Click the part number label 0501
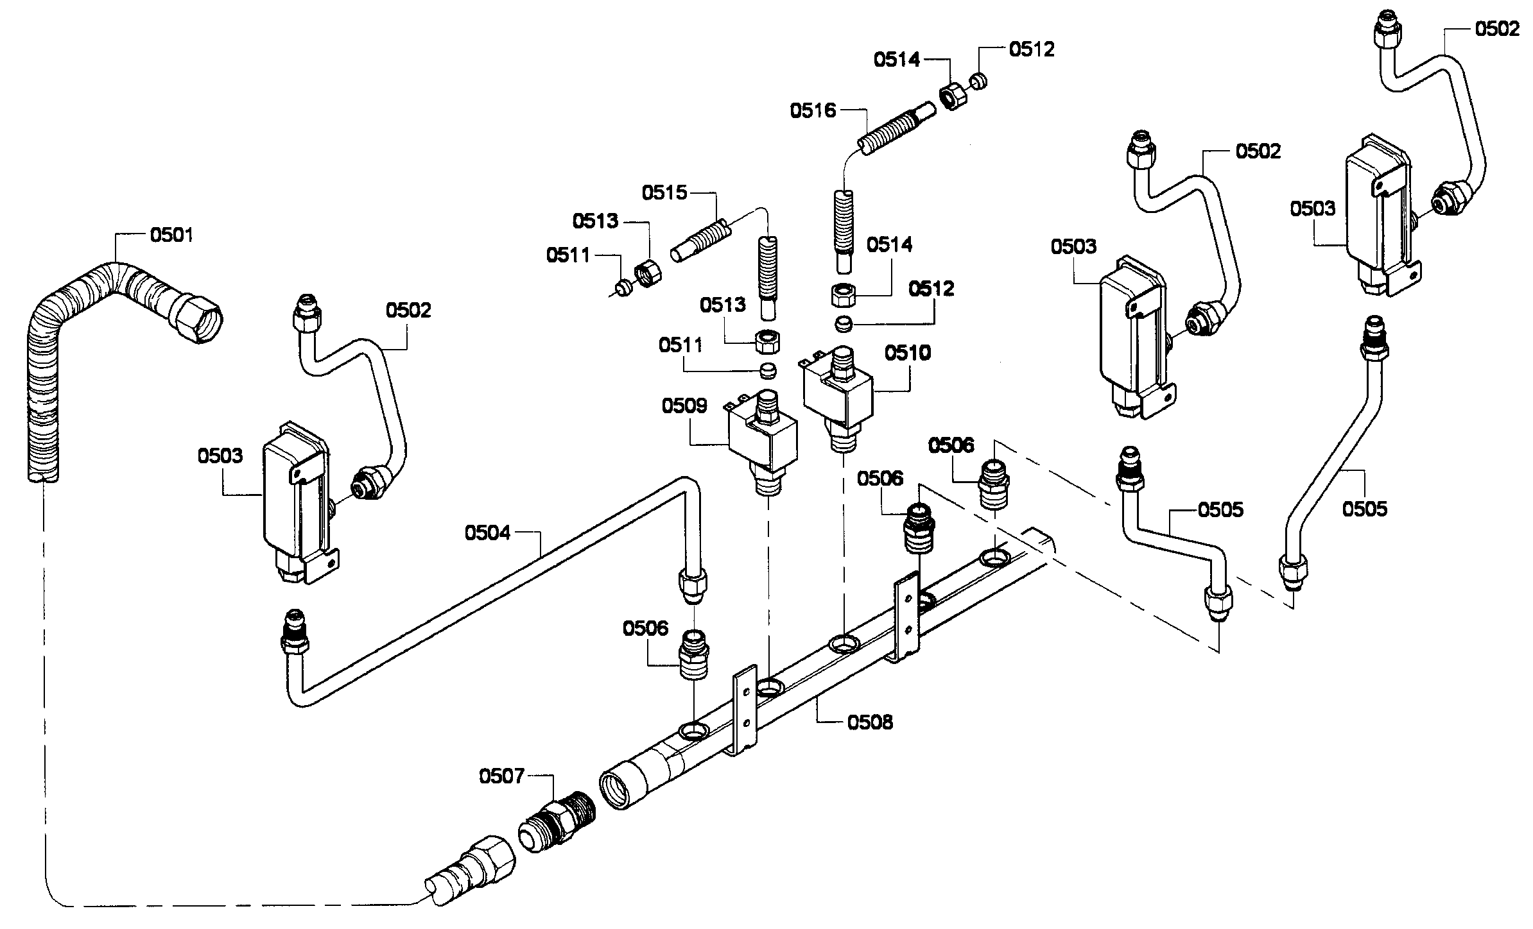tap(171, 235)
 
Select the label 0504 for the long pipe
tap(487, 533)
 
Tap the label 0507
tap(501, 777)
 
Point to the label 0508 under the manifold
tap(870, 722)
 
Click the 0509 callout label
tap(684, 406)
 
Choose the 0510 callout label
tap(907, 354)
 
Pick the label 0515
tap(664, 192)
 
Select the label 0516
tap(813, 111)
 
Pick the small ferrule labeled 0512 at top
tap(978, 81)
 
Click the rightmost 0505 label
tap(1364, 509)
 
